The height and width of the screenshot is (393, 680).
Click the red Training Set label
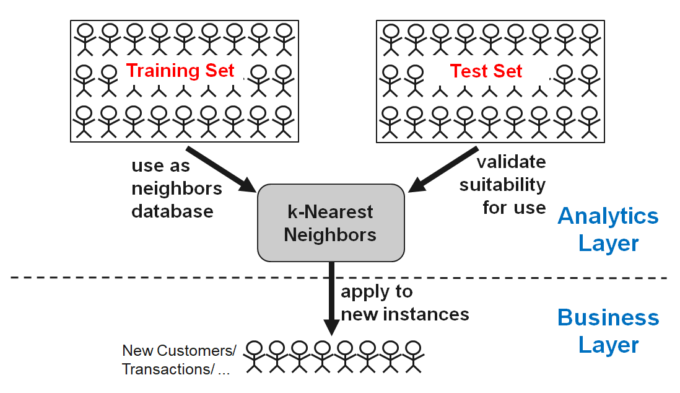180,70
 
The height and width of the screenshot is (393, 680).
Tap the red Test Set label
486,71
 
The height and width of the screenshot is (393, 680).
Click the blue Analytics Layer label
608,229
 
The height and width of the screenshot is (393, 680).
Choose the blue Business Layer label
608,331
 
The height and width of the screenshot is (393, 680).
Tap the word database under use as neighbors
172,211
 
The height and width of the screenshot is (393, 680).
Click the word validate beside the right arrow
511,162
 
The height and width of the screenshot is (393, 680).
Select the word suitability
502,184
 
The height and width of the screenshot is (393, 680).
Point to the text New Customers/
179,350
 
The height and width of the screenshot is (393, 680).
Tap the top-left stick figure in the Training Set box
84,37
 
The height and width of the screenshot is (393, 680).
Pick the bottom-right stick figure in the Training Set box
283,121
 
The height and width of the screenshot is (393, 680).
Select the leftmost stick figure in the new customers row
253,358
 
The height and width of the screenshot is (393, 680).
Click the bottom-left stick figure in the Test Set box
390,121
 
